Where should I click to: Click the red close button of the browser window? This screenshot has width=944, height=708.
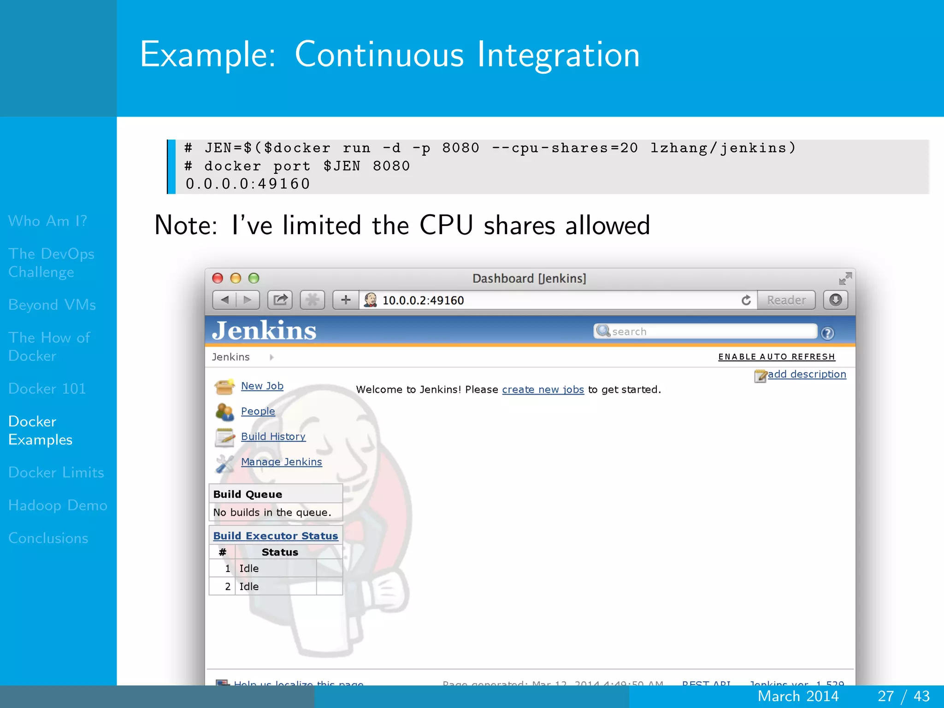coord(218,278)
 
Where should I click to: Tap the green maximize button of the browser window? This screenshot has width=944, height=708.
coord(254,278)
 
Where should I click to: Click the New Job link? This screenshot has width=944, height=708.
coord(262,386)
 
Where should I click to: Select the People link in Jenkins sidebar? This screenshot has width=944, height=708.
coord(258,411)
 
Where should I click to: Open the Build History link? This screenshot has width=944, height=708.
coord(273,437)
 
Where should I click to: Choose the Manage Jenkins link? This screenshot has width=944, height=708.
coord(281,462)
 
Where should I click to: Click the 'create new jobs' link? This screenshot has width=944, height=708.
coord(543,389)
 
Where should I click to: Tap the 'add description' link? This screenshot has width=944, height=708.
coord(806,374)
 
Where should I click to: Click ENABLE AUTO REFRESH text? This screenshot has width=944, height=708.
coord(776,357)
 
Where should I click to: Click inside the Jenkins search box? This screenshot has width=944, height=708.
coord(710,331)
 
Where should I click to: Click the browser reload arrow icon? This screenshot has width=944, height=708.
coord(746,301)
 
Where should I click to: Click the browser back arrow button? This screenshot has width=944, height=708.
coord(225,301)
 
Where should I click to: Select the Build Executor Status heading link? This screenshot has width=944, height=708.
coord(275,536)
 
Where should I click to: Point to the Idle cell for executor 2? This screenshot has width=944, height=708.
coord(249,586)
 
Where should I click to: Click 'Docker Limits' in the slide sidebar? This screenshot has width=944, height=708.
coord(56,472)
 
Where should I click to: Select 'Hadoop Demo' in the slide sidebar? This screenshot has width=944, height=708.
coord(58,505)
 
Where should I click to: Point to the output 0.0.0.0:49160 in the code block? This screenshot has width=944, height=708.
coord(248,184)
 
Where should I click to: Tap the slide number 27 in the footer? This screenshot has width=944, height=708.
coord(885,696)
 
